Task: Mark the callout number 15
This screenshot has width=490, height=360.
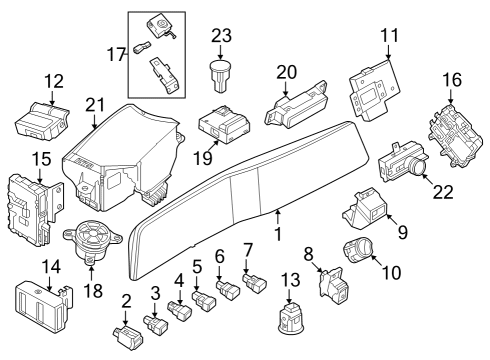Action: pos(41,159)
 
